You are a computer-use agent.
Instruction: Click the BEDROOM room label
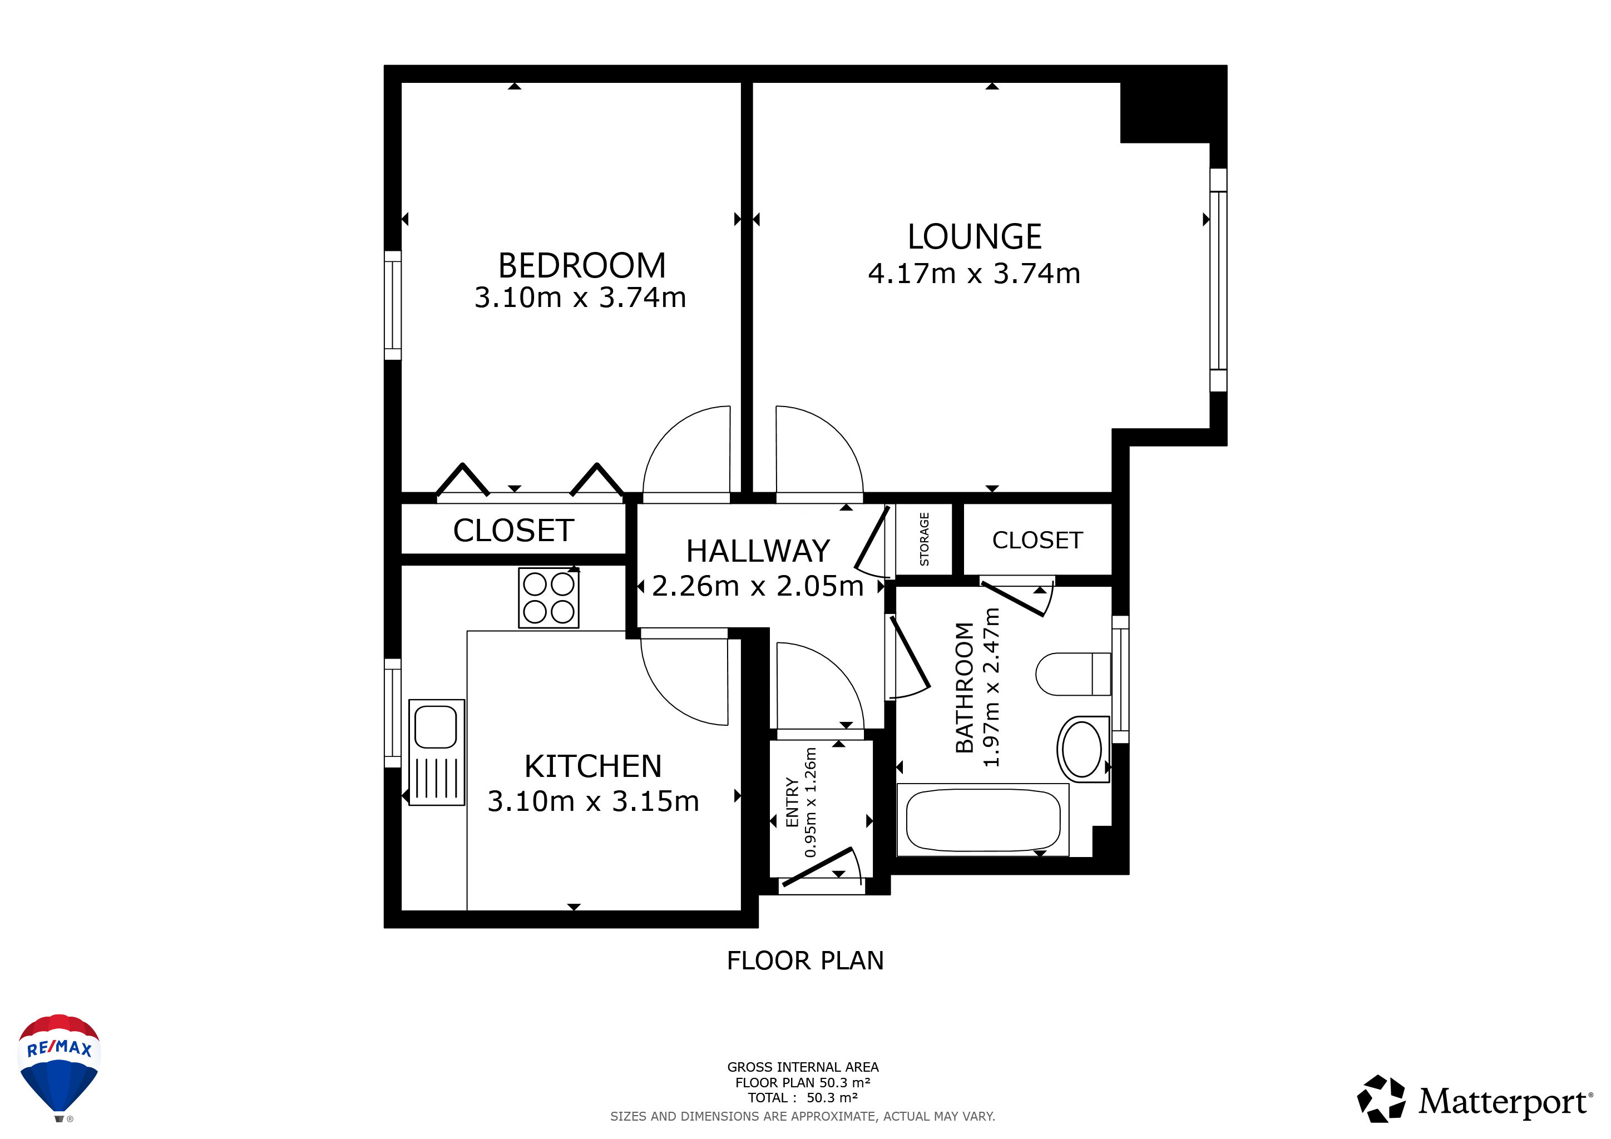click(x=582, y=266)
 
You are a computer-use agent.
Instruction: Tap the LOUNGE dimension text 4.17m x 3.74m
click(x=974, y=274)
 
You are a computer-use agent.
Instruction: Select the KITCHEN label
click(x=593, y=766)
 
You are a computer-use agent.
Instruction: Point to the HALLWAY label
click(x=758, y=551)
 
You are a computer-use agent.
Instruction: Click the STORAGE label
click(x=924, y=539)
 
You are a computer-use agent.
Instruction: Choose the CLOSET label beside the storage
click(x=1037, y=540)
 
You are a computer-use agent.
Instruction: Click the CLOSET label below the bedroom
click(x=513, y=530)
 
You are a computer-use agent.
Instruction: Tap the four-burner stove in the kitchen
click(x=548, y=597)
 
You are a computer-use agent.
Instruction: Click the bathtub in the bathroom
click(x=982, y=820)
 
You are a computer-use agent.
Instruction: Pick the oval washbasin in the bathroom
click(x=1083, y=749)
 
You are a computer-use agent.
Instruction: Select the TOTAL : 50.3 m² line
click(x=803, y=1098)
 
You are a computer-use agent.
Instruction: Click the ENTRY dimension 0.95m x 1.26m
click(x=811, y=803)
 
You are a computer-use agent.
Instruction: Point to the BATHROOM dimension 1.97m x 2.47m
click(x=991, y=687)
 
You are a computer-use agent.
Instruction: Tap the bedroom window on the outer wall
click(x=393, y=306)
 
